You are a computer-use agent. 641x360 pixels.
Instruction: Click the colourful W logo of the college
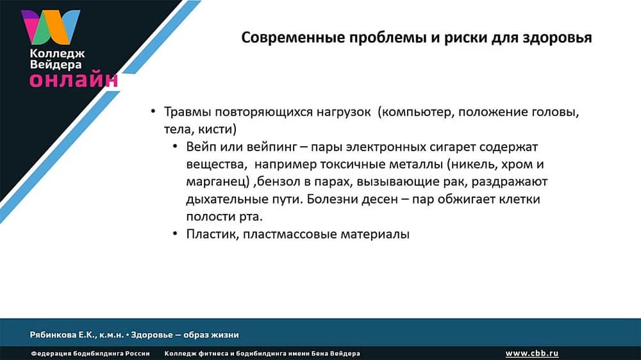(51, 26)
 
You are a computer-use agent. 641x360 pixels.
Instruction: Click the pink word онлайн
(73, 79)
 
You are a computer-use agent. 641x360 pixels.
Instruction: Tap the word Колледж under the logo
(56, 54)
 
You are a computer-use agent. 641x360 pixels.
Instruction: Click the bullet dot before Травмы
(153, 112)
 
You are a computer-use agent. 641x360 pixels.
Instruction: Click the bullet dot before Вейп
(176, 147)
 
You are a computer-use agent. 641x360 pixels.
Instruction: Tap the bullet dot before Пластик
(176, 234)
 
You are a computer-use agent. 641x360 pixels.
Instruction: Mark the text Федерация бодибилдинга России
(90, 354)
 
